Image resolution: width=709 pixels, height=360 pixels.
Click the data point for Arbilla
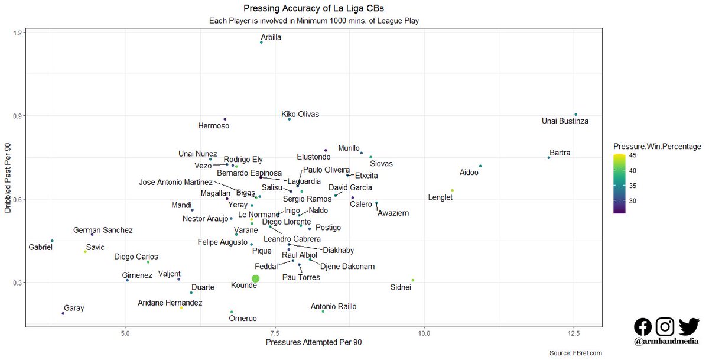click(261, 43)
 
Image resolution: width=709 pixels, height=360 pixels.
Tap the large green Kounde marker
click(255, 278)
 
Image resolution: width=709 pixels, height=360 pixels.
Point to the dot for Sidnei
click(413, 280)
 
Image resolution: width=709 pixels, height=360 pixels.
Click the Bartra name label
click(560, 153)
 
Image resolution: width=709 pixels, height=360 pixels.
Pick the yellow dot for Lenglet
click(452, 190)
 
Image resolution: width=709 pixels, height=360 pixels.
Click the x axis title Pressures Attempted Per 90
click(313, 342)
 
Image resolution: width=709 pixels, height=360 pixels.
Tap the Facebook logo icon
click(643, 326)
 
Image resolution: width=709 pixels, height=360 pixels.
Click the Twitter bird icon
click(689, 326)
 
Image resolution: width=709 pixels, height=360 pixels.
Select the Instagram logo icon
click(666, 326)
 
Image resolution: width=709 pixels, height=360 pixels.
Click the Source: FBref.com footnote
click(575, 353)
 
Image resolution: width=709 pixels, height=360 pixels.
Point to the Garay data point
click(63, 313)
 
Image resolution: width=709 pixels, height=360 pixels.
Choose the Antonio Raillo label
click(342, 307)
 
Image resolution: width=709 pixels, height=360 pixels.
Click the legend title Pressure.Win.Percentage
click(657, 146)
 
